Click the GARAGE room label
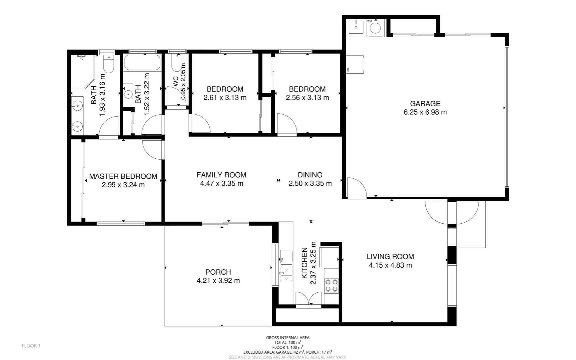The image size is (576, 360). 425,104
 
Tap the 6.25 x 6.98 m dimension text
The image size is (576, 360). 425,112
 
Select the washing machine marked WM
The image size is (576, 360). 375,28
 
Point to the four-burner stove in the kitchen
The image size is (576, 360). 331,286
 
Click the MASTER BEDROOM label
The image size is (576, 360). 123,176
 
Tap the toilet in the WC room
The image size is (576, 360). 177,63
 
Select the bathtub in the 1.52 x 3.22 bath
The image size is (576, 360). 142,62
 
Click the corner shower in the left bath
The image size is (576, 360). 82,71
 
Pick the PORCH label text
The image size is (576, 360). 218,272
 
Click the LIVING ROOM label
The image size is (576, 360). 390,257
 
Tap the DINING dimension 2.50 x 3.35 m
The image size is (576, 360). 310,184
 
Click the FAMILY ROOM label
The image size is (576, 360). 221,175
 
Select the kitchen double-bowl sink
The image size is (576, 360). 286,273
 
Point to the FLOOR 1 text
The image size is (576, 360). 31,346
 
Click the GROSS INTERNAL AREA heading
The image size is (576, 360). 288,338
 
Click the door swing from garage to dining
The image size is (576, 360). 356,188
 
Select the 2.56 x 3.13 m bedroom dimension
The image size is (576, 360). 307,98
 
